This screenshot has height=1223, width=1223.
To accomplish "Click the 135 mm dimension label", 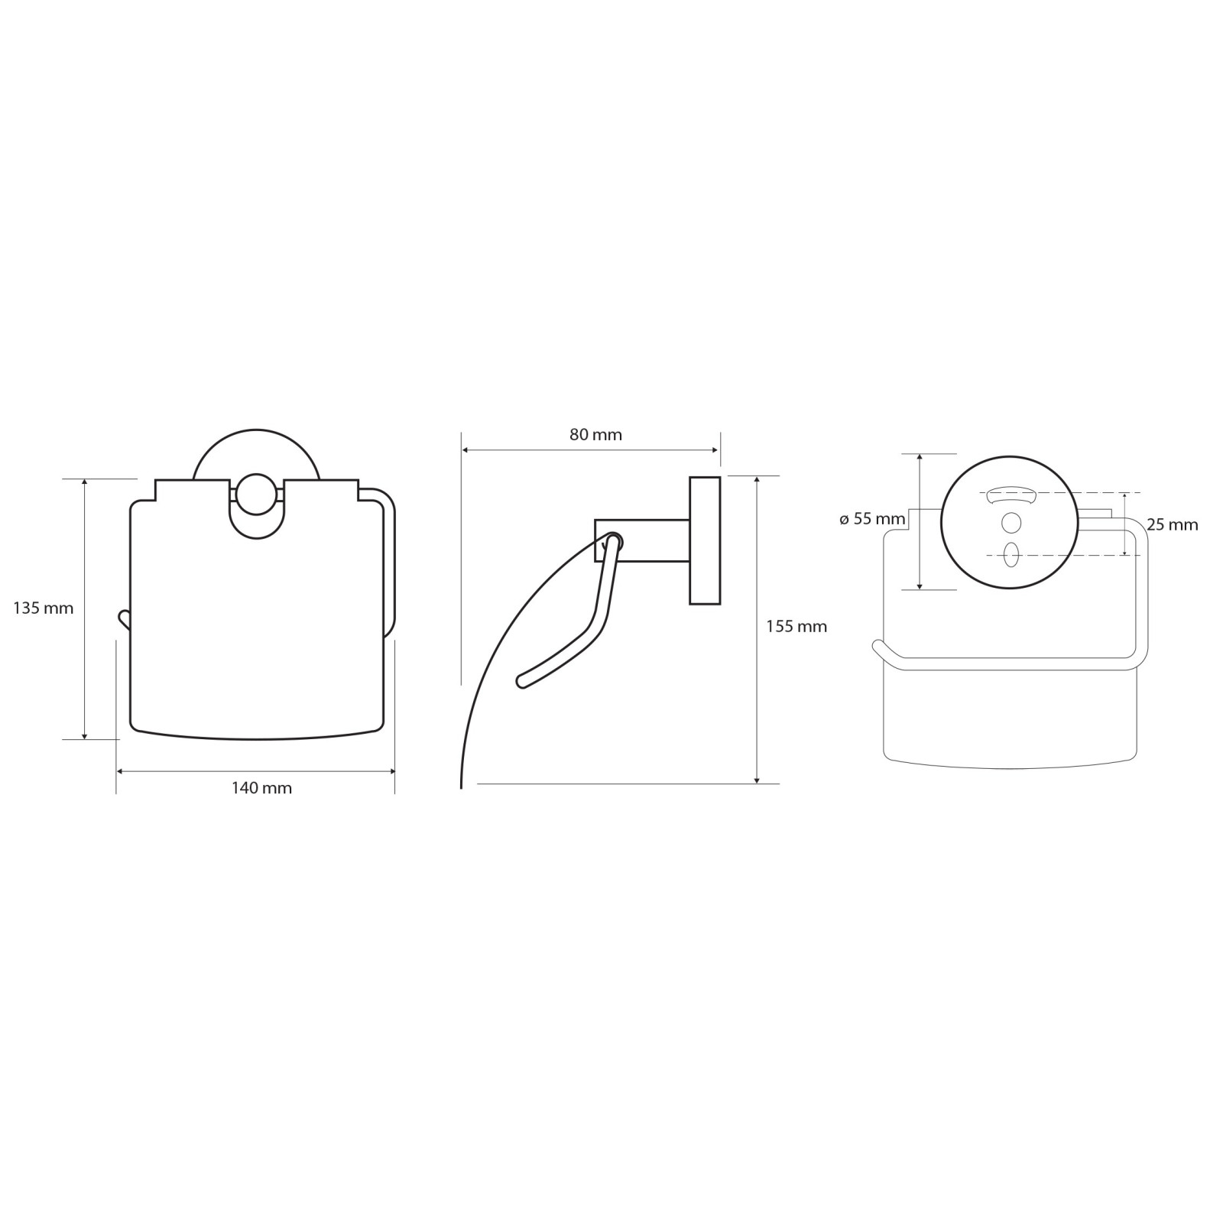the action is (44, 608).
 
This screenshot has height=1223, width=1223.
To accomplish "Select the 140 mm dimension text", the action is (261, 788).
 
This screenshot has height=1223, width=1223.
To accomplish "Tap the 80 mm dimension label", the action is (595, 435).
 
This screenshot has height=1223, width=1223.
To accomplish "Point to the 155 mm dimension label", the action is (796, 627).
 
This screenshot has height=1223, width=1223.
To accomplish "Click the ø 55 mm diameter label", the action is (872, 519).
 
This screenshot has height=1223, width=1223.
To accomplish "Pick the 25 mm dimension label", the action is (1173, 525).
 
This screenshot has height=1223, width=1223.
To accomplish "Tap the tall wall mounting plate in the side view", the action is (705, 540).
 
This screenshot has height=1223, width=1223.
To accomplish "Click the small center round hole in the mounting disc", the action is (1011, 524).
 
